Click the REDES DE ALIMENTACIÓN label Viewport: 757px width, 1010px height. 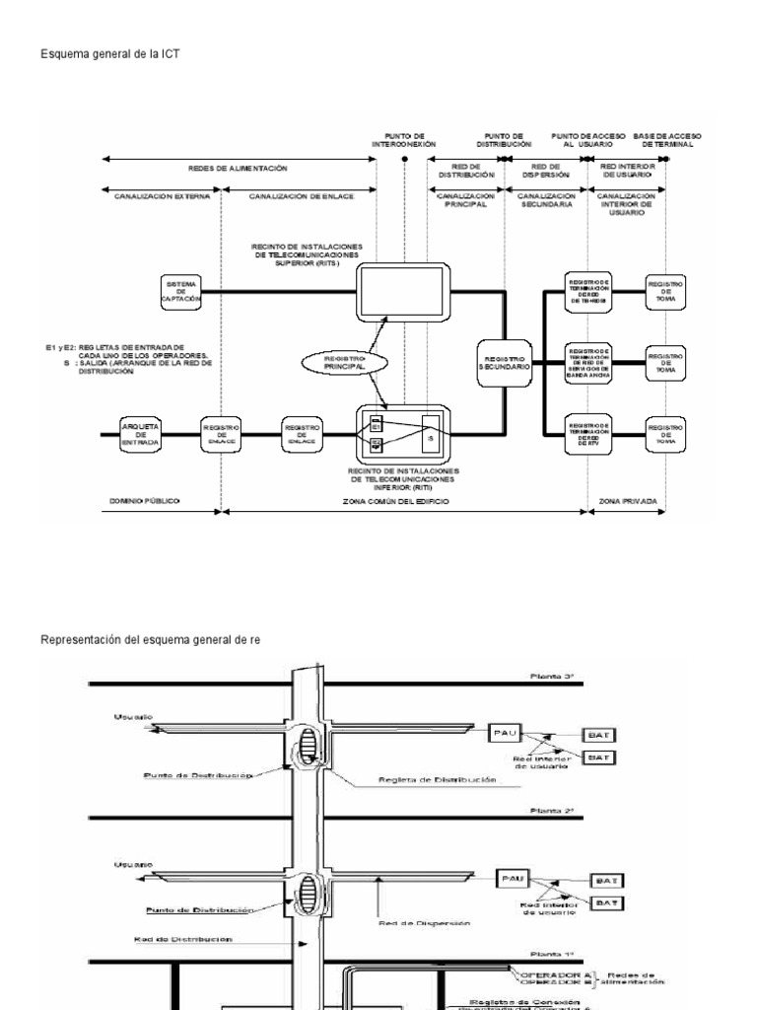[236, 169]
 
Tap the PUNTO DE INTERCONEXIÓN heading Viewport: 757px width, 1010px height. [404, 139]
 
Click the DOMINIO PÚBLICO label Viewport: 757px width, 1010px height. [144, 502]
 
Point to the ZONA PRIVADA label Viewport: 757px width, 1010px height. [627, 502]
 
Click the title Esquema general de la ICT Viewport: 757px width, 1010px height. [109, 55]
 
